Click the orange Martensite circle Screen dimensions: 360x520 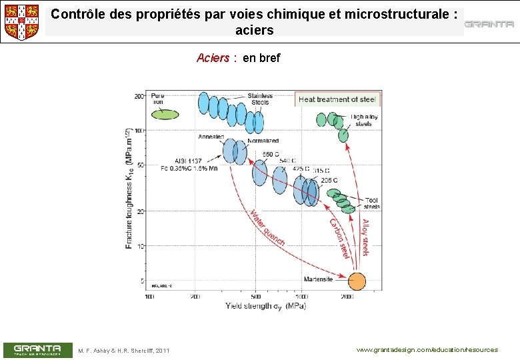coord(357,281)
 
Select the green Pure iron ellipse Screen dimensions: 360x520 coord(165,115)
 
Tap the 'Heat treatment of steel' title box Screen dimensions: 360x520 coord(337,99)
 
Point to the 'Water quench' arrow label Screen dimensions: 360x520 coord(267,228)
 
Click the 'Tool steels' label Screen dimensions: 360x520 coord(372,203)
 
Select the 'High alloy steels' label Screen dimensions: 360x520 coord(364,120)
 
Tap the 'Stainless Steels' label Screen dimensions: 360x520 coord(260,99)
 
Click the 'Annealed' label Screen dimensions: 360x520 coord(211,137)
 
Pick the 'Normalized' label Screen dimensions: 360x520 coord(263,141)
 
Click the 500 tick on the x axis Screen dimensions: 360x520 coord(257,296)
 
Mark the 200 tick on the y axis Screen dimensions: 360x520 coord(139,96)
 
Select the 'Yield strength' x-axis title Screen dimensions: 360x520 coord(265,306)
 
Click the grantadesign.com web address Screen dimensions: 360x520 coord(427,350)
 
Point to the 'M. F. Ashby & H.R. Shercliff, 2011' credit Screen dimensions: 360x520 coord(124,351)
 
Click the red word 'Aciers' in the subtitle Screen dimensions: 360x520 coord(213,58)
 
